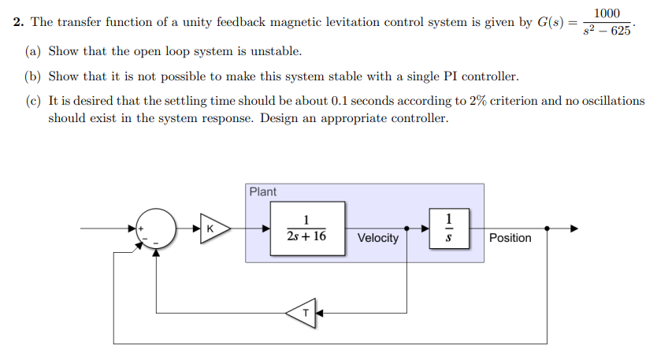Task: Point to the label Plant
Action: (x=262, y=191)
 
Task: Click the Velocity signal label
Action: (x=377, y=238)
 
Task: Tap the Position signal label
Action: (x=510, y=238)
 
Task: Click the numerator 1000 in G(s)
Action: (x=607, y=13)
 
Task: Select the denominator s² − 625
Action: (x=607, y=32)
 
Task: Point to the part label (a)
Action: (x=33, y=51)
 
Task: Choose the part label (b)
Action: (x=33, y=76)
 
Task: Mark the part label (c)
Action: (x=33, y=102)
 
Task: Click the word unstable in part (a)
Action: (x=276, y=51)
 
